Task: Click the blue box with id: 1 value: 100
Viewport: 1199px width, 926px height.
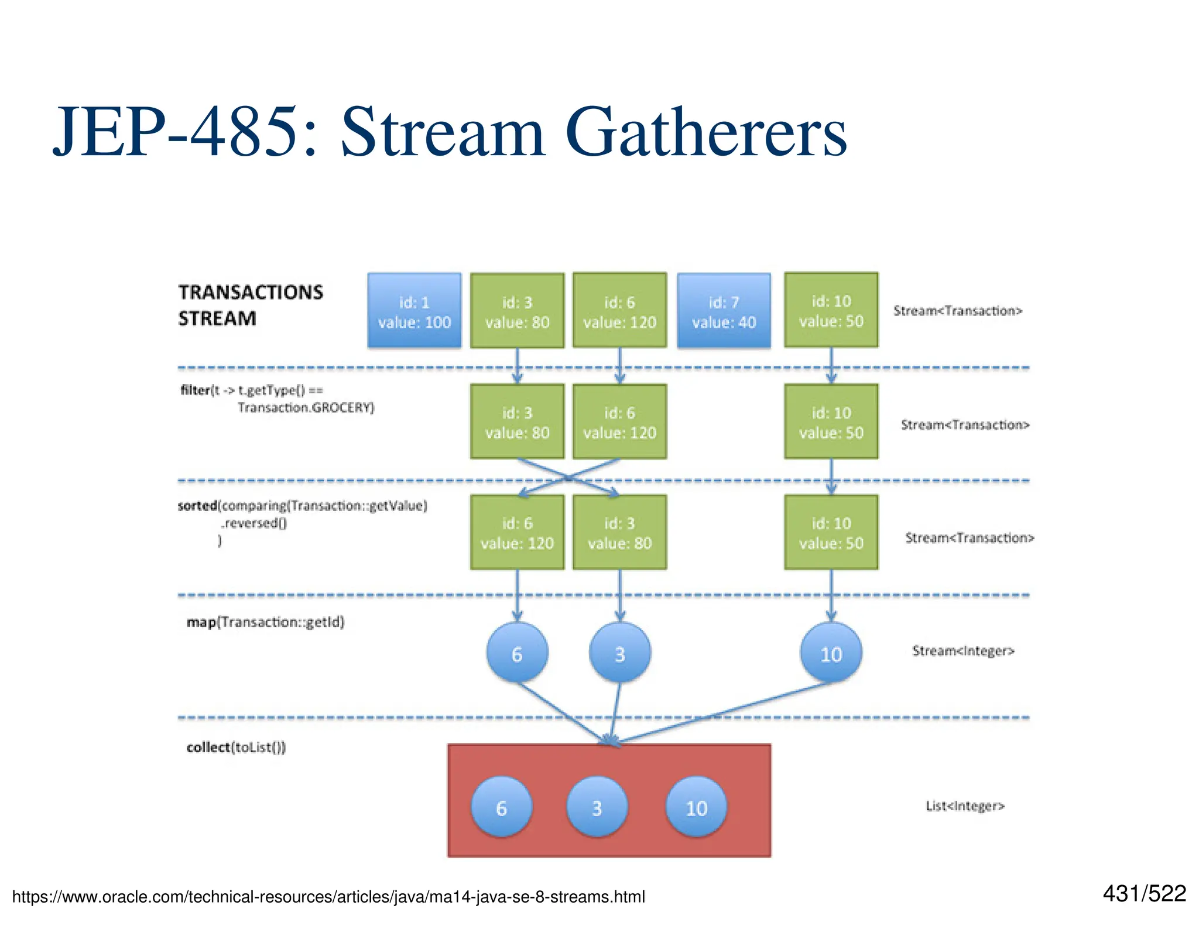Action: [x=414, y=311]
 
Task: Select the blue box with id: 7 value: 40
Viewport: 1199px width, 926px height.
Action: [x=724, y=311]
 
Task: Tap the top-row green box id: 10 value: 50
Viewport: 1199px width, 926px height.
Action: [x=831, y=310]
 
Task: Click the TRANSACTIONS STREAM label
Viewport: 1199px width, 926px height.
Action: [x=250, y=305]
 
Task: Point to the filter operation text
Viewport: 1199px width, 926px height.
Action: [x=277, y=399]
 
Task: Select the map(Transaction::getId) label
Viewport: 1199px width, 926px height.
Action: [x=265, y=622]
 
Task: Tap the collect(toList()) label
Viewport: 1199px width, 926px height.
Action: [x=236, y=747]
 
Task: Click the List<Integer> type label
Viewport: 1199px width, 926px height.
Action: [x=965, y=806]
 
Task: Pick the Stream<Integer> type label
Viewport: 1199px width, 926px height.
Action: [x=963, y=651]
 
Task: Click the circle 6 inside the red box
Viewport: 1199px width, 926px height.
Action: [x=502, y=807]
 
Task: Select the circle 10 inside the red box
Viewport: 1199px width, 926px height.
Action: [x=696, y=807]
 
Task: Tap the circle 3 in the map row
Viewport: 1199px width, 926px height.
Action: [x=619, y=653]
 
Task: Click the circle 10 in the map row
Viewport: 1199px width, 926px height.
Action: [x=831, y=653]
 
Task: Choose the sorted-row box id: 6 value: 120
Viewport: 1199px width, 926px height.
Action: [x=517, y=533]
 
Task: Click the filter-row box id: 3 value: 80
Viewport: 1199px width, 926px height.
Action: [x=517, y=422]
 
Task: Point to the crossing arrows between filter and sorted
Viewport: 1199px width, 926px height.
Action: [x=568, y=478]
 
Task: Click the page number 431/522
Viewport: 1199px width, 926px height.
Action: [x=1144, y=893]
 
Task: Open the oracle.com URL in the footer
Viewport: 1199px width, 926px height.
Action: [x=328, y=897]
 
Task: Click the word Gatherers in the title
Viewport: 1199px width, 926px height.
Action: [x=706, y=133]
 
